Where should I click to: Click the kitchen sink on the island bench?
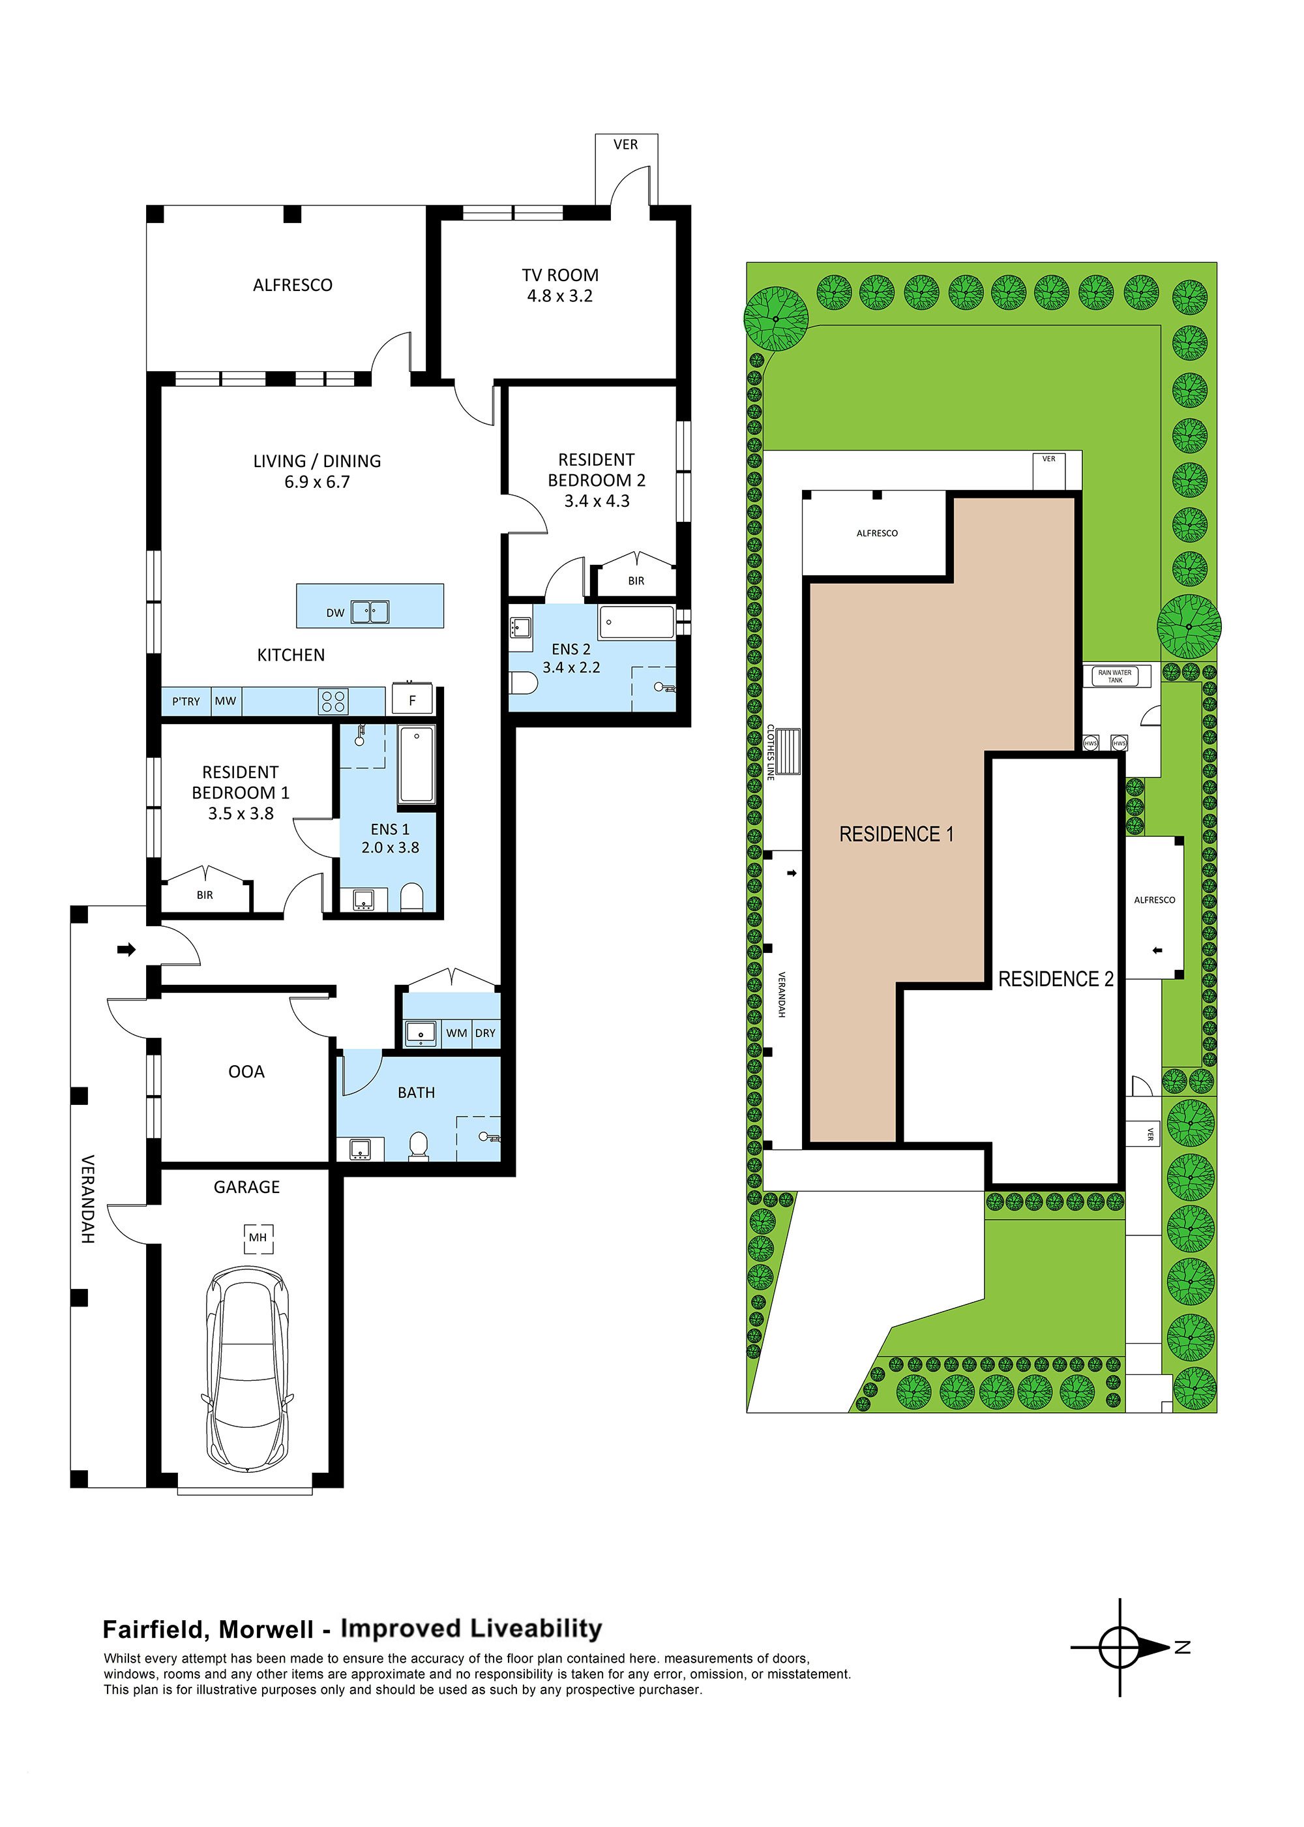pyautogui.click(x=370, y=612)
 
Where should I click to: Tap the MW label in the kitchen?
pyautogui.click(x=226, y=701)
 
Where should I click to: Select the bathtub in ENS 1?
pyautogui.click(x=417, y=764)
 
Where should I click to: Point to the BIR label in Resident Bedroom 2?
pyautogui.click(x=636, y=581)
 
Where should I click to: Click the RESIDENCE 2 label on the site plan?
pyautogui.click(x=1055, y=979)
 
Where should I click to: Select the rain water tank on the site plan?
pyautogui.click(x=1116, y=676)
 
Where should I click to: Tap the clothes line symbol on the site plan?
pyautogui.click(x=788, y=751)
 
